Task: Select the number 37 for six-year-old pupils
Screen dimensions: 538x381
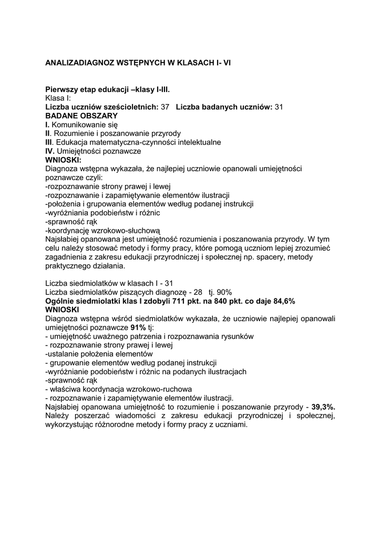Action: pyautogui.click(x=165, y=107)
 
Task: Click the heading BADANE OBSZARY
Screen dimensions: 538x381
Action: pyautogui.click(x=81, y=116)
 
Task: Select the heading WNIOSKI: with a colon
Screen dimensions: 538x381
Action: pyautogui.click(x=63, y=160)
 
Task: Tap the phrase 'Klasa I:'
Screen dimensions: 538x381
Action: pyautogui.click(x=61, y=98)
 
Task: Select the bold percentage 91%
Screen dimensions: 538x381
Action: pyautogui.click(x=139, y=327)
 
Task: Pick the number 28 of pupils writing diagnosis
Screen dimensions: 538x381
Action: pyautogui.click(x=198, y=292)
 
